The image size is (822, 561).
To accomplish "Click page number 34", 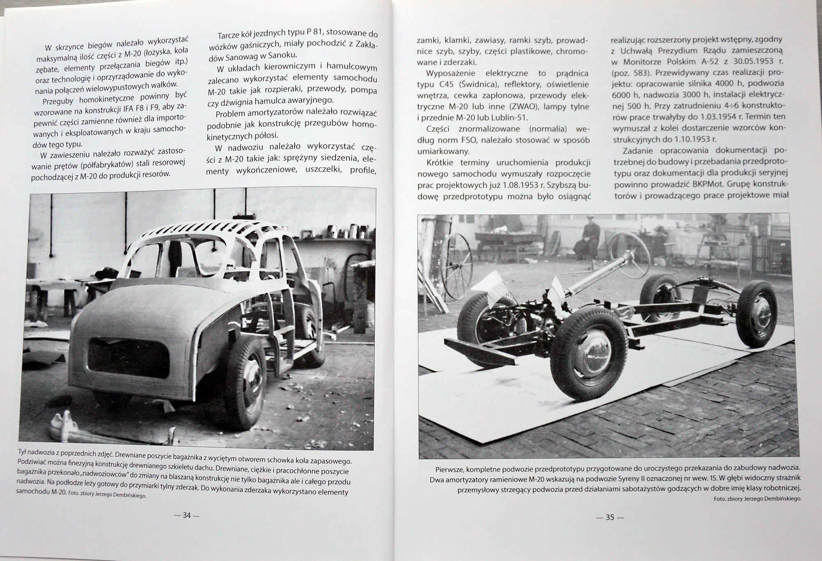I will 187,515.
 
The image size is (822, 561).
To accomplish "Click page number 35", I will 610,517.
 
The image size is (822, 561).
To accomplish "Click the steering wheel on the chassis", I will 629,254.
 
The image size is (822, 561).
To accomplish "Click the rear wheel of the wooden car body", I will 245,388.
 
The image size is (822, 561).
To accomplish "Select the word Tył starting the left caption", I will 24,452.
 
